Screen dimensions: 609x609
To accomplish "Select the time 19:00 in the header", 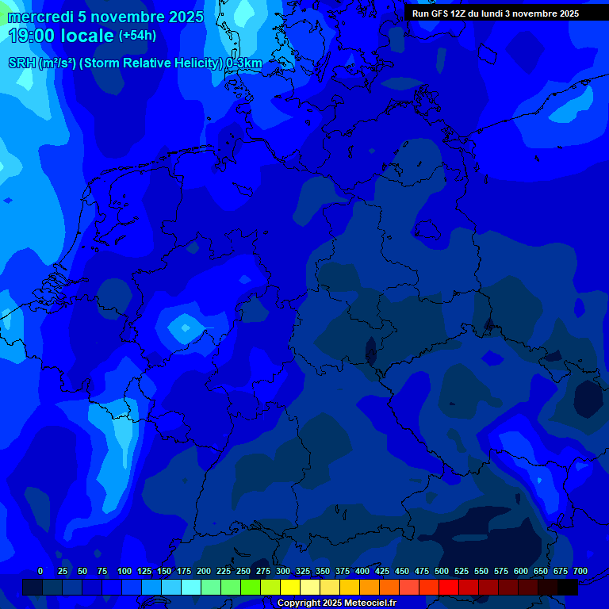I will click(33, 36).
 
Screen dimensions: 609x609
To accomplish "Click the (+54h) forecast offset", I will click(137, 36).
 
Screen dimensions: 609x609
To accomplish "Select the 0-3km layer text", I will click(244, 63).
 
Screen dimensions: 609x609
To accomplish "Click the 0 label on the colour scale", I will click(40, 571).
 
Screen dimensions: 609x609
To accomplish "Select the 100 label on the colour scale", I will click(124, 571).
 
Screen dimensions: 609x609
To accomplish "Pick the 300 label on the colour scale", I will click(283, 571).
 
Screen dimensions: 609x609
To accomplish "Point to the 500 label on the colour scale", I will click(442, 571).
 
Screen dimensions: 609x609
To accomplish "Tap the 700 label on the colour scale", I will click(580, 571).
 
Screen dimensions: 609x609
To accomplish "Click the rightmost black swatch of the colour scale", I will click(568, 587).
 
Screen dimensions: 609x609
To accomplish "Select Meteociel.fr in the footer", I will click(370, 603).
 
